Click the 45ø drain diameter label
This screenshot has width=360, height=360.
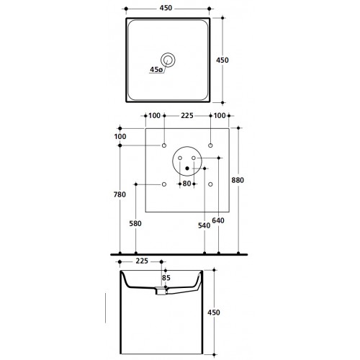156,70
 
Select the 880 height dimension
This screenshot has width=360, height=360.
238,180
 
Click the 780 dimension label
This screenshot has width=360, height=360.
120,194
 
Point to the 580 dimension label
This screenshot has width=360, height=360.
135,223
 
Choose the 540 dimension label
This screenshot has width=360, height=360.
204,225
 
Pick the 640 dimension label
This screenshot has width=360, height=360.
218,220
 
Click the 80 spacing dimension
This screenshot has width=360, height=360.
186,184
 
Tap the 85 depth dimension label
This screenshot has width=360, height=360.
166,278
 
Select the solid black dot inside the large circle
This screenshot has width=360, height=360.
187,168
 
